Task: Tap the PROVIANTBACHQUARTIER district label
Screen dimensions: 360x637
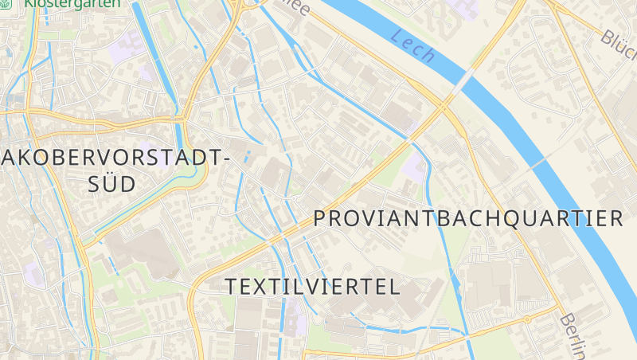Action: [467, 218]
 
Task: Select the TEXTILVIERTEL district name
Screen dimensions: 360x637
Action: [312, 287]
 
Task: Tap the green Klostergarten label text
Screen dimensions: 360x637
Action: [73, 4]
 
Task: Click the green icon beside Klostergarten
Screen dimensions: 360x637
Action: [10, 3]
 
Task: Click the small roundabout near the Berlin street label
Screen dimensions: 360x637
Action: [527, 320]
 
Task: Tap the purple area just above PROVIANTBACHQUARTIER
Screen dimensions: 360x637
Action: [414, 168]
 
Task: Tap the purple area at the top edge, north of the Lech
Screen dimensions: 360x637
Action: [464, 8]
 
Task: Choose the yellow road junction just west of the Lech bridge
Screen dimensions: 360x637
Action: [441, 104]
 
